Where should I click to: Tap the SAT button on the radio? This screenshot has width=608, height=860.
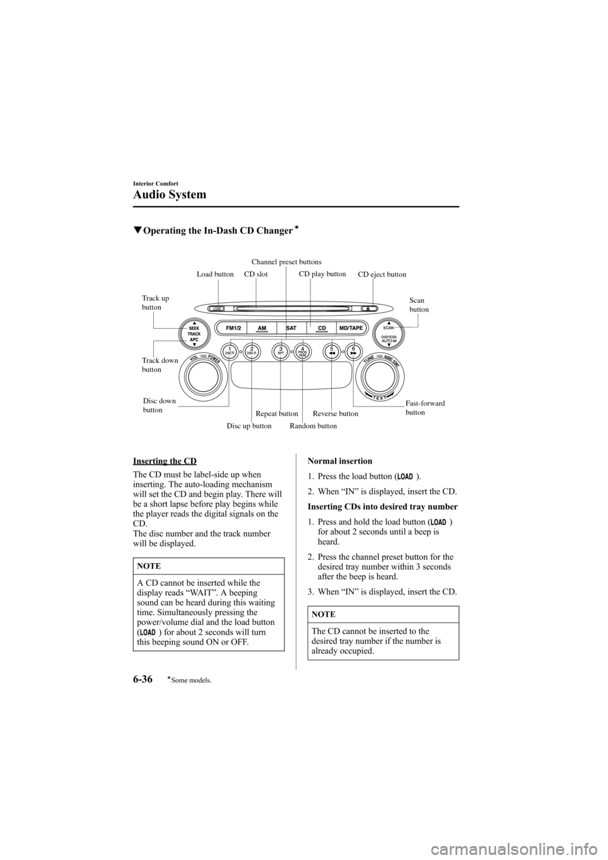pyautogui.click(x=291, y=328)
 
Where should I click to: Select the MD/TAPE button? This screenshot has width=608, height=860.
pyautogui.click(x=351, y=328)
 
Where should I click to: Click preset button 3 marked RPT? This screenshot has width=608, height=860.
pyautogui.click(x=279, y=350)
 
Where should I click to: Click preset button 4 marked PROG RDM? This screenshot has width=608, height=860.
pyautogui.click(x=303, y=350)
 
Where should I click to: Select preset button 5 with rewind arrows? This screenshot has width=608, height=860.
pyautogui.click(x=331, y=350)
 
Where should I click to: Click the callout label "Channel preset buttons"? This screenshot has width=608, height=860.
pyautogui.click(x=286, y=262)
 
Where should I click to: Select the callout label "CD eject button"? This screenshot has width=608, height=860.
pyautogui.click(x=382, y=275)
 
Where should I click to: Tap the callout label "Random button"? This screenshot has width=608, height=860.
pyautogui.click(x=313, y=426)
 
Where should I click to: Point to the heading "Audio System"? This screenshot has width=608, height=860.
pyautogui.click(x=170, y=194)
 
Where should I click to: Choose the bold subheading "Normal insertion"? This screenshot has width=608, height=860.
pyautogui.click(x=339, y=461)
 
